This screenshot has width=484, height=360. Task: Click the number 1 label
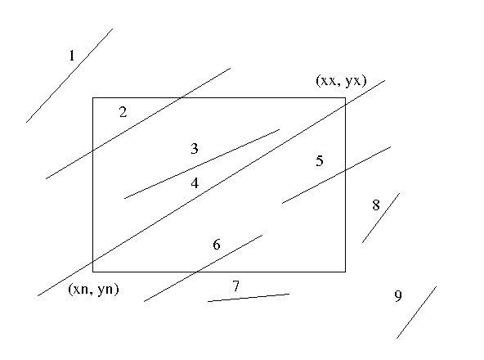click(72, 56)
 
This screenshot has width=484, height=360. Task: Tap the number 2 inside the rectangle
click(123, 112)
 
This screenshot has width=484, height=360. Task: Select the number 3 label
click(194, 149)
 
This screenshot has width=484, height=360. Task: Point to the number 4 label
click(195, 183)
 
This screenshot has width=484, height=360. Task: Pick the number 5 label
click(320, 161)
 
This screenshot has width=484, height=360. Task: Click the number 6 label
click(217, 245)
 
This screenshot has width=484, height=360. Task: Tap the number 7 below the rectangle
click(235, 286)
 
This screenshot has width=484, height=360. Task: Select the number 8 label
click(375, 205)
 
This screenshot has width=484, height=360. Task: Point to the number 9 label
click(398, 295)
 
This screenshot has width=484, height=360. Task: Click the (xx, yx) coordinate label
click(341, 81)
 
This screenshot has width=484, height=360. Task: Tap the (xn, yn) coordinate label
click(93, 290)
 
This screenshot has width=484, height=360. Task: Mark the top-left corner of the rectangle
click(93, 98)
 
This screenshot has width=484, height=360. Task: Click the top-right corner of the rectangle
click(345, 98)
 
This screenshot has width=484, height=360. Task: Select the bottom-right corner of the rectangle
click(345, 272)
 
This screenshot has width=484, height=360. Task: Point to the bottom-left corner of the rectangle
click(93, 272)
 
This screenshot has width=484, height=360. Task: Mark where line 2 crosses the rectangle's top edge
click(180, 98)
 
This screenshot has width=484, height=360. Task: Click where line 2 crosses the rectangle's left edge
click(93, 151)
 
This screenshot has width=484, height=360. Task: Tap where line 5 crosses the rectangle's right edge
click(345, 169)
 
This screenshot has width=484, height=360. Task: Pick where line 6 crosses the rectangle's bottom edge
click(196, 272)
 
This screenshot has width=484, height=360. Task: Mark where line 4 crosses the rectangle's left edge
click(93, 262)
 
